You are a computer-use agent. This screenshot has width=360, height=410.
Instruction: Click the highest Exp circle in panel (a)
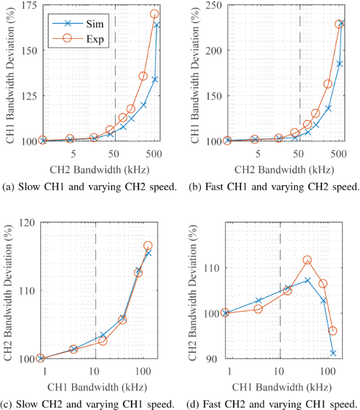[155, 14]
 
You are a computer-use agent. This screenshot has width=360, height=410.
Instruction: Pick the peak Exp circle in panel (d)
[307, 260]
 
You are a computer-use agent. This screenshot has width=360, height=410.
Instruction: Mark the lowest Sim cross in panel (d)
[333, 353]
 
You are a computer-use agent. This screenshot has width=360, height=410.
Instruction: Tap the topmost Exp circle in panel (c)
[148, 246]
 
